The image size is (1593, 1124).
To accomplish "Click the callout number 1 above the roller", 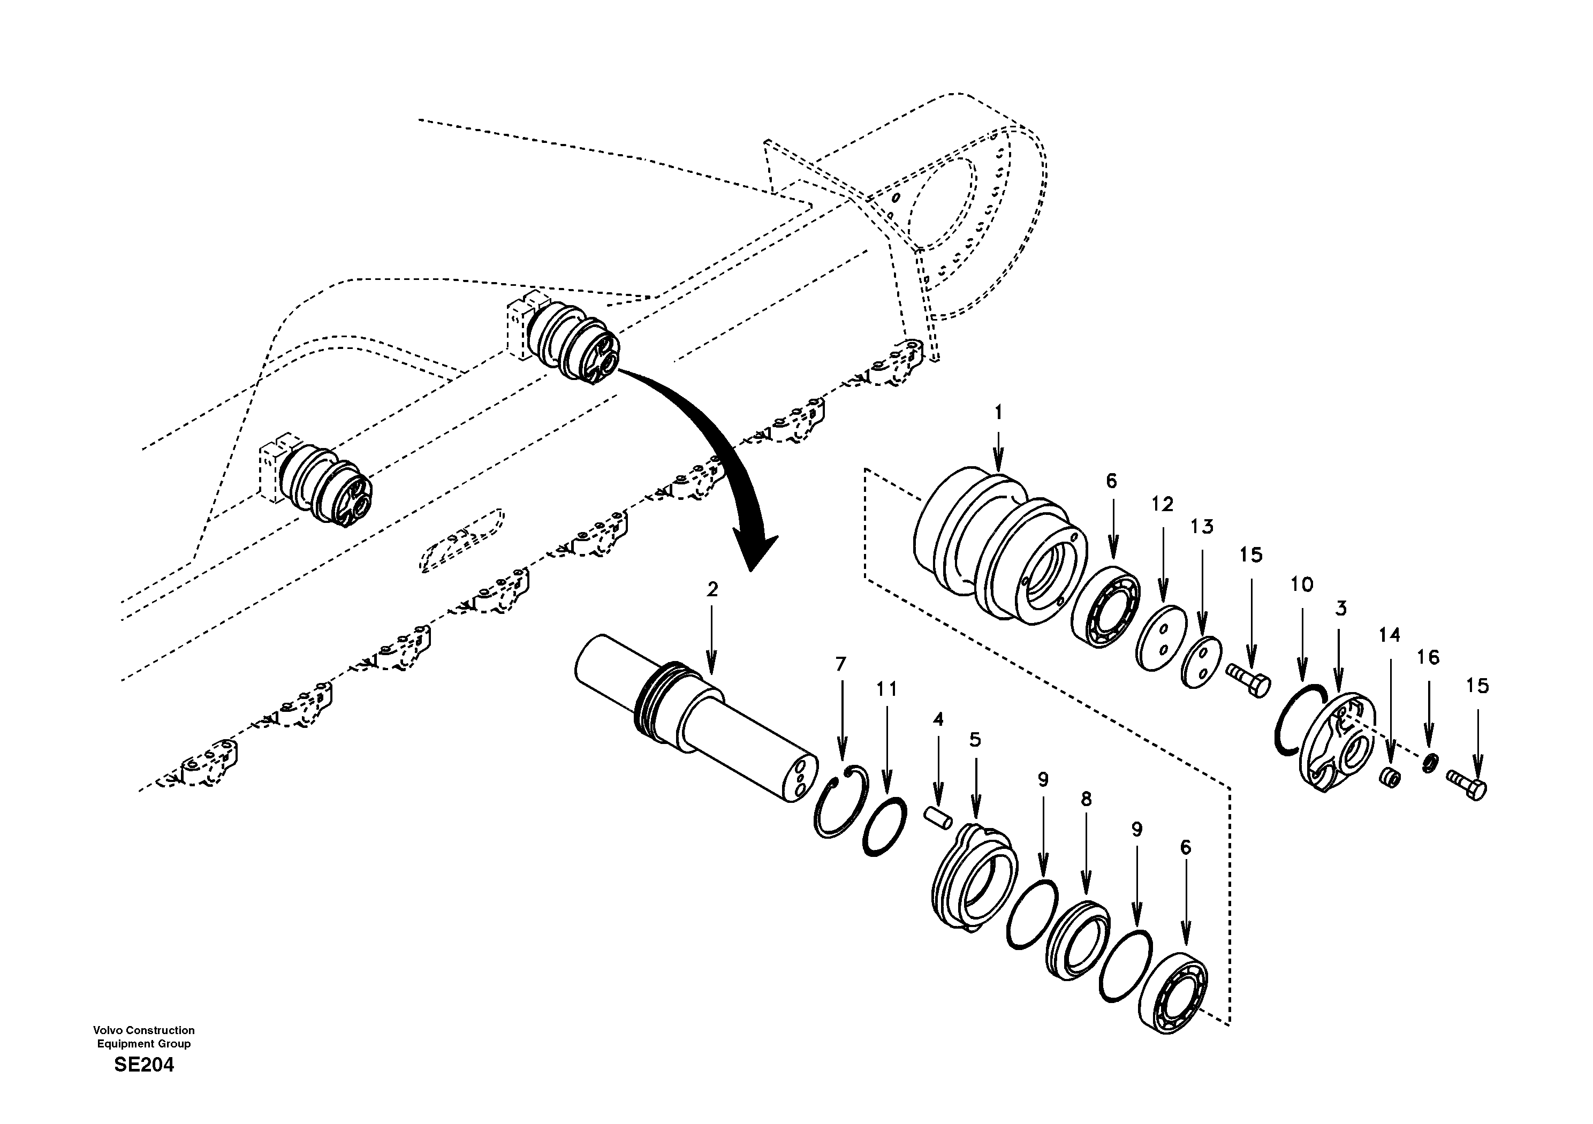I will pyautogui.click(x=998, y=413).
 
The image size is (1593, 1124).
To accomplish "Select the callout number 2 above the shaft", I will pyautogui.click(x=712, y=590).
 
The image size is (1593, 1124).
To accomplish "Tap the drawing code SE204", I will pyautogui.click(x=145, y=1065).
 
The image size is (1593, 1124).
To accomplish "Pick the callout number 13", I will pyautogui.click(x=1202, y=527).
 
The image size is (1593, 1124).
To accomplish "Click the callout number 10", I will pyautogui.click(x=1302, y=585).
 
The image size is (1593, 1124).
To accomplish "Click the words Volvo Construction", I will pyautogui.click(x=145, y=1030).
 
